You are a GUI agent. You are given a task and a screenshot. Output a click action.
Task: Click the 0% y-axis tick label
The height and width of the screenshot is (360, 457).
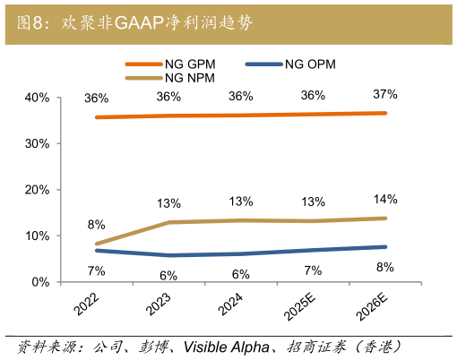point(39,282)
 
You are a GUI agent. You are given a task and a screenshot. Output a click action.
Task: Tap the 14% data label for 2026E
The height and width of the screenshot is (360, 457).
point(385,199)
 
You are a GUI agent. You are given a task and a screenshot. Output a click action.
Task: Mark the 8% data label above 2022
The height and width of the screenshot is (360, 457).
point(96,225)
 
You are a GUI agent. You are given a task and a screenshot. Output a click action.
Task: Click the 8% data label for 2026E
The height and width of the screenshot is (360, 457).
point(385,266)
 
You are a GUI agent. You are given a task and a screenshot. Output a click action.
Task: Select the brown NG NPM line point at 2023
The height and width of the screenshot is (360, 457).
point(168,222)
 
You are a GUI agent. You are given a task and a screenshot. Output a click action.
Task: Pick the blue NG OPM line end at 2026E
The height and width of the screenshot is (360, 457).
point(385,247)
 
